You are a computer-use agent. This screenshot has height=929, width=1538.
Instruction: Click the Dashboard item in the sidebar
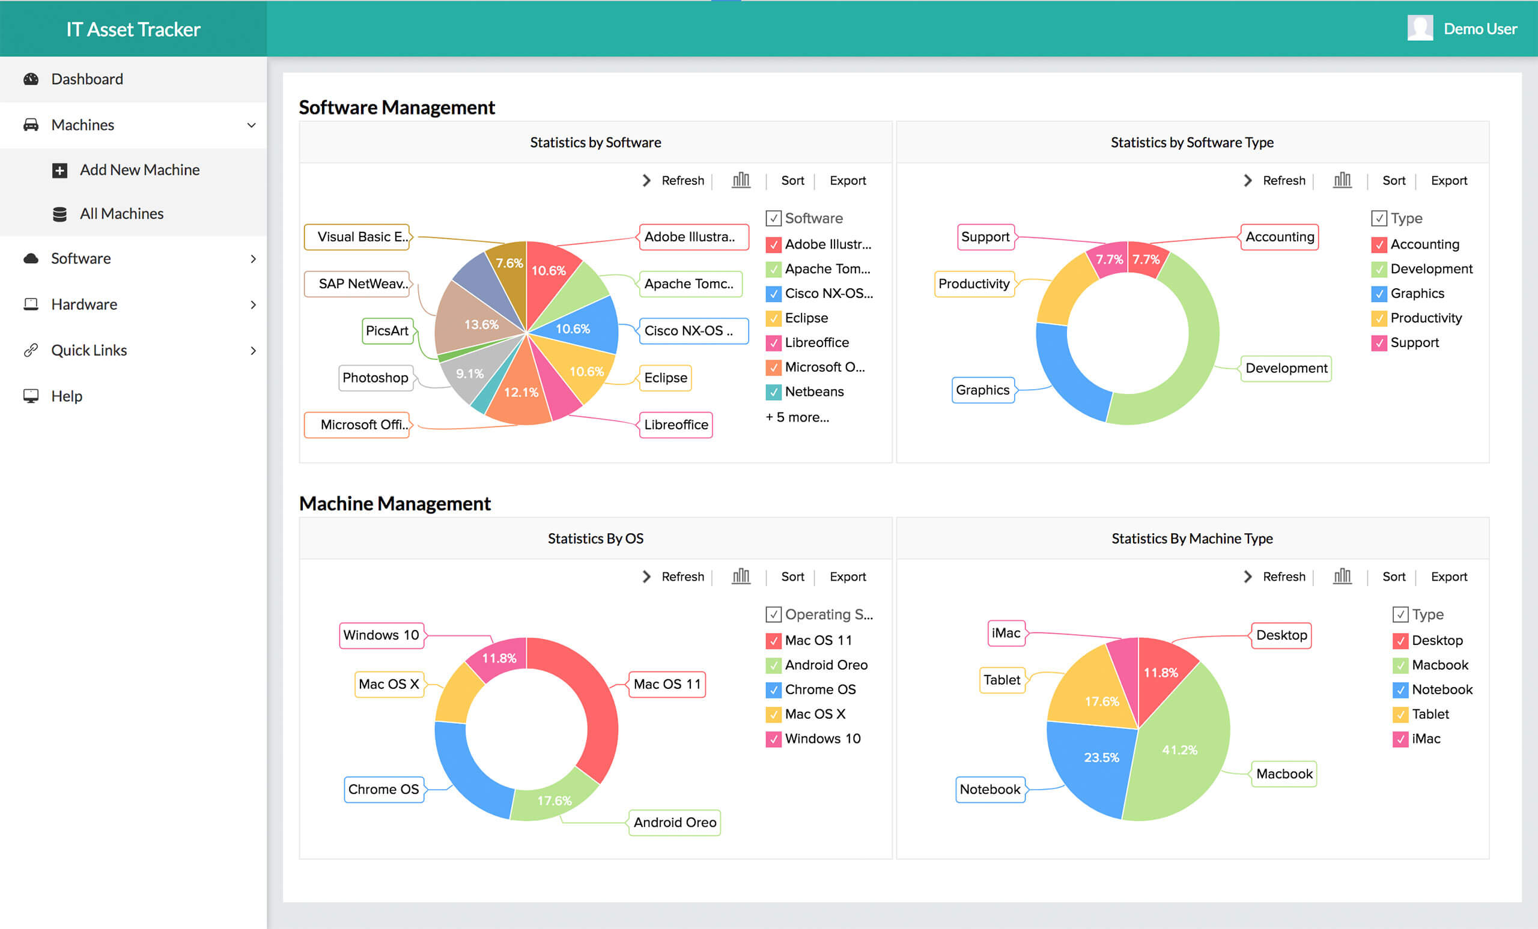tap(87, 79)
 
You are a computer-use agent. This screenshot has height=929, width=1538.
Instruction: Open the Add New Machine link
tap(139, 170)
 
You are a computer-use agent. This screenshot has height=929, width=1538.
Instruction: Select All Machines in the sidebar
tap(121, 213)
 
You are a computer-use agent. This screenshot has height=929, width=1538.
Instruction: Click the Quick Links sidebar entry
tap(89, 350)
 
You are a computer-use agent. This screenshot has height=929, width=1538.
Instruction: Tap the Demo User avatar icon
tap(1420, 29)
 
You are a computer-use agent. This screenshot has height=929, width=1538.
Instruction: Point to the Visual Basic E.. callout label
tap(357, 237)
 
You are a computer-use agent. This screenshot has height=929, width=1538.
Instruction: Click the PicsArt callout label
tap(387, 331)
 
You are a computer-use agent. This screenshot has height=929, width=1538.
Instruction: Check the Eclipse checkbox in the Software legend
tap(773, 318)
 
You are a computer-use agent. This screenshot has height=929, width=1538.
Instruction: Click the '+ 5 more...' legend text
tap(797, 417)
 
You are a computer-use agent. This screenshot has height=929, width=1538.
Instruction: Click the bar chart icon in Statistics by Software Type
tap(1342, 180)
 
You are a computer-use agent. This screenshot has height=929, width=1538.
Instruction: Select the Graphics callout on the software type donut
tap(982, 390)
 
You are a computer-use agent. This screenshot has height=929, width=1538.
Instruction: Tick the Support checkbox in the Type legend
tap(1379, 342)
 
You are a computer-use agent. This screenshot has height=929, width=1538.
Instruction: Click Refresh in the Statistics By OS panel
tap(682, 576)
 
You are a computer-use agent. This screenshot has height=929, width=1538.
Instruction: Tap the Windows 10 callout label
tap(381, 635)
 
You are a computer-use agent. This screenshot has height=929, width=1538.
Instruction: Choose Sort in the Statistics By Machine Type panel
tap(1393, 576)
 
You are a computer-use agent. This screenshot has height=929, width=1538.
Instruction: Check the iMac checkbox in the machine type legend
tap(1400, 739)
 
